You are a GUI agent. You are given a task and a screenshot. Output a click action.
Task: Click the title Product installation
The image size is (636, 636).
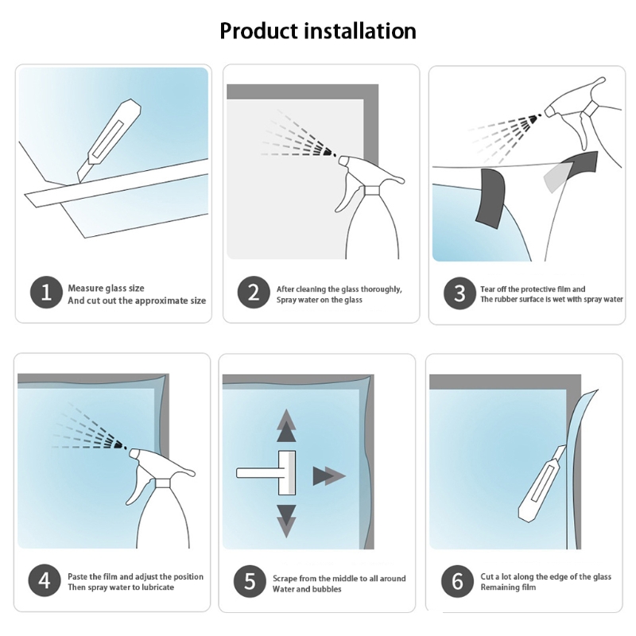coord(318,31)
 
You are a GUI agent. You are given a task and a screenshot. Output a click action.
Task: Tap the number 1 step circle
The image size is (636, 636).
coord(46,293)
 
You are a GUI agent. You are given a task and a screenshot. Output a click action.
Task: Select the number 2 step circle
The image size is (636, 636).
coord(253,293)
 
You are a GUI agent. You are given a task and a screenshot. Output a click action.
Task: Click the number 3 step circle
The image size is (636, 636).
coord(460,293)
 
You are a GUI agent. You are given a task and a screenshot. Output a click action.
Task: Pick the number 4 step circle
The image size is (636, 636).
coord(45,580)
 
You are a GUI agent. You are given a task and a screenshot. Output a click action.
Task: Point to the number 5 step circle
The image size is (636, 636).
coord(250,583)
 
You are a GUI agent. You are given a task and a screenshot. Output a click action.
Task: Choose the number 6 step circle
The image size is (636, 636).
coord(457,580)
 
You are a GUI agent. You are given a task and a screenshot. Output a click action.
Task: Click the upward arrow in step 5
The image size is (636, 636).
coord(286,425)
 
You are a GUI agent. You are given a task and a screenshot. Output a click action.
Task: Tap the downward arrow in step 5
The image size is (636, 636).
coord(286,521)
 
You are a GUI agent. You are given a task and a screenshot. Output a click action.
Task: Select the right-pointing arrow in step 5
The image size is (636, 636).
coord(328,476)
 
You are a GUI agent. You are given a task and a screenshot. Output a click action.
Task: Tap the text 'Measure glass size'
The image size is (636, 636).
coord(106,288)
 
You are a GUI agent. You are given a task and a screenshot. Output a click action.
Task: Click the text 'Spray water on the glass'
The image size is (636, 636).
coord(319,300)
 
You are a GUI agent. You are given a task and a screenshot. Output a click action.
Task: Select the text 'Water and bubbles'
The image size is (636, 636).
coord(307,589)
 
